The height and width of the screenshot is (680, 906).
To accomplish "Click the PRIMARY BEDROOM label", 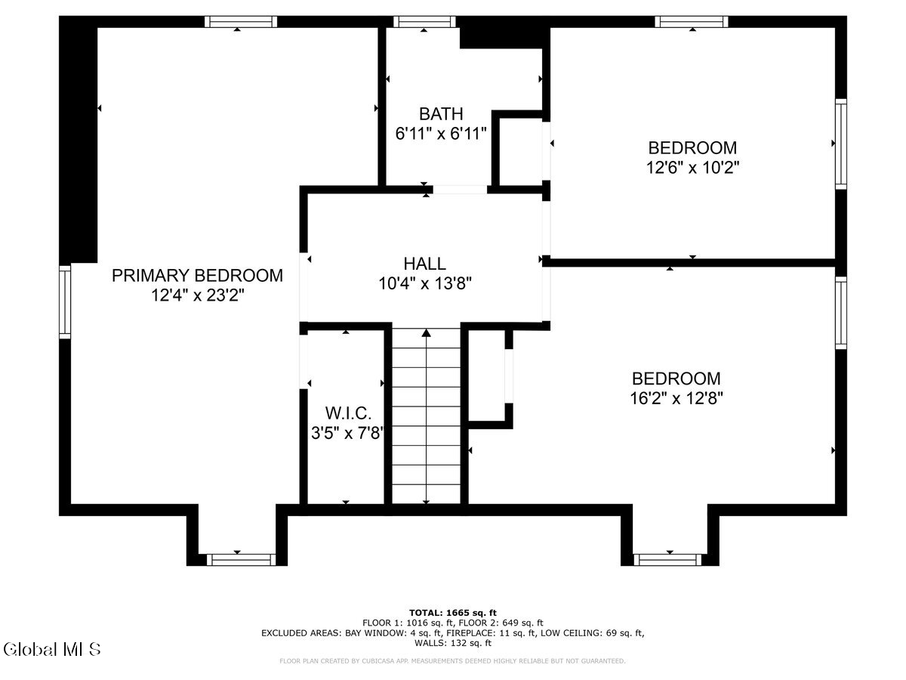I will pos(197,276).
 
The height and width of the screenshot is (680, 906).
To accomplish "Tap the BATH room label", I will pos(441,114).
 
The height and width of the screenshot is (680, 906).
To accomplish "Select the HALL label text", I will pos(424,264).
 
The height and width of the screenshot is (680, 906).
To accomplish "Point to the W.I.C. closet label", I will pos(348,413).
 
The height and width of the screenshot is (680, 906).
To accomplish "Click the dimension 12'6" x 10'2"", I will pos(692,167).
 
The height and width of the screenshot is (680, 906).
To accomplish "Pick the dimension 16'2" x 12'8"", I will pos(676,398).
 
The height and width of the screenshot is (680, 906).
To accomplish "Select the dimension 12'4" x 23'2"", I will pos(197,295).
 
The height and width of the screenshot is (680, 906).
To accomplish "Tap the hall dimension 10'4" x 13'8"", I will pos(425,283).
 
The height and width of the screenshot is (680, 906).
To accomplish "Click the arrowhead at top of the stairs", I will pos(427,332).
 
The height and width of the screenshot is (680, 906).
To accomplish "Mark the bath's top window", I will pos(424,21).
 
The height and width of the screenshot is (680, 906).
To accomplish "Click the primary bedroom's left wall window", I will pos(65,301).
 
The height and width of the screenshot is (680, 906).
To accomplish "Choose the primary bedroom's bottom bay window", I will pos(242,559).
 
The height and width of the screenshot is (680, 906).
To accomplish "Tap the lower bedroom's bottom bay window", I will pos(667,559).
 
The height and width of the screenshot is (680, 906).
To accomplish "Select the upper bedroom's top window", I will pos(691,21).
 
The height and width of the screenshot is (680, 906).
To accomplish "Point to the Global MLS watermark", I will pos(51,648).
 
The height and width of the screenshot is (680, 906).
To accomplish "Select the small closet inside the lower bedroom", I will pos(487,376).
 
